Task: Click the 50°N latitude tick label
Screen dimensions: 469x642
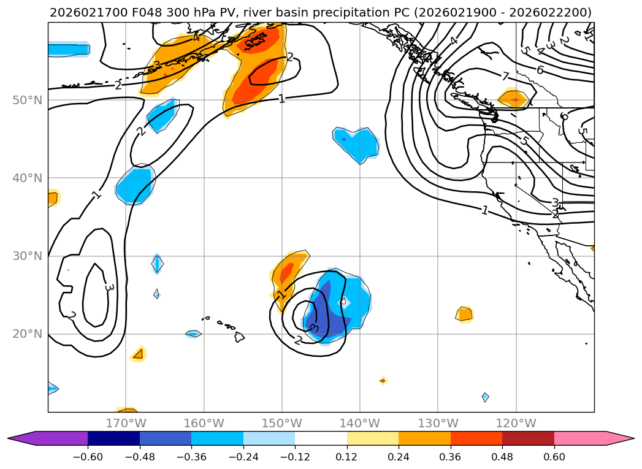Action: click(27, 100)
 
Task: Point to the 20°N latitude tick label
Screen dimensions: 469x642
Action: click(27, 334)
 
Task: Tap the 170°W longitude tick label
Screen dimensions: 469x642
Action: click(126, 423)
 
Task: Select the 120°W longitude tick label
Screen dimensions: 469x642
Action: click(516, 423)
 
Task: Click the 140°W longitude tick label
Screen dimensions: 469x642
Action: click(360, 423)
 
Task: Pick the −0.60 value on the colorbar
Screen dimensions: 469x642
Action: click(88, 457)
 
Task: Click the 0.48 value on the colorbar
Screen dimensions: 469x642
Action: click(502, 457)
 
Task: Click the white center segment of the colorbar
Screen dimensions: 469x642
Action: click(321, 438)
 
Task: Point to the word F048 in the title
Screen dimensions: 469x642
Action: click(141, 12)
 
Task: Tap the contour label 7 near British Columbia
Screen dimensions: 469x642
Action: click(505, 77)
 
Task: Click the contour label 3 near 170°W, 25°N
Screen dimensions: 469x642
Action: click(109, 287)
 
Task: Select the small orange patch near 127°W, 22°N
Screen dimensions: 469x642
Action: click(464, 314)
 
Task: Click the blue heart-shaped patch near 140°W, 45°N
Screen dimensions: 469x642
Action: click(357, 143)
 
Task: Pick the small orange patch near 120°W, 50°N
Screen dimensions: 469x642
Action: click(514, 98)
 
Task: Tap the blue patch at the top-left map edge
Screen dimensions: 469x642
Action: click(67, 49)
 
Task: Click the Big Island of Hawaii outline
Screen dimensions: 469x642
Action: click(239, 337)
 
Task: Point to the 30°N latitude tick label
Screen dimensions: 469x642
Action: click(27, 256)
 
